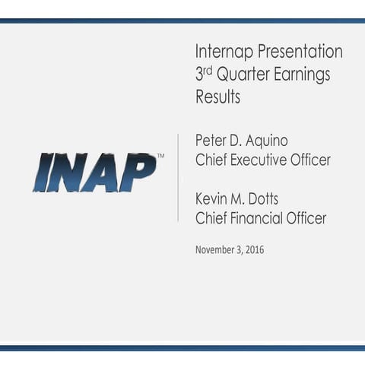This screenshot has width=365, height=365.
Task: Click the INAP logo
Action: click(x=94, y=172)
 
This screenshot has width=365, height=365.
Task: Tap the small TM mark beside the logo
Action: click(x=160, y=156)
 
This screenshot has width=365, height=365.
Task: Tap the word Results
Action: click(x=217, y=97)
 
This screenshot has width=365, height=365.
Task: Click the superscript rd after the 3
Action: click(x=210, y=70)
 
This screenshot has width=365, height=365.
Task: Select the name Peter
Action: click(x=212, y=140)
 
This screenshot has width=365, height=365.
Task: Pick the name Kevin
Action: click(x=214, y=198)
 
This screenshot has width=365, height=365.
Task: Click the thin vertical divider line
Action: click(x=178, y=177)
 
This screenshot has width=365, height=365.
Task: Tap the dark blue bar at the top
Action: click(x=182, y=21)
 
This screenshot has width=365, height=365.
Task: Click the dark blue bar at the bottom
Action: click(x=182, y=348)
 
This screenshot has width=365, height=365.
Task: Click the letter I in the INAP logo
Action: click(x=43, y=173)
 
